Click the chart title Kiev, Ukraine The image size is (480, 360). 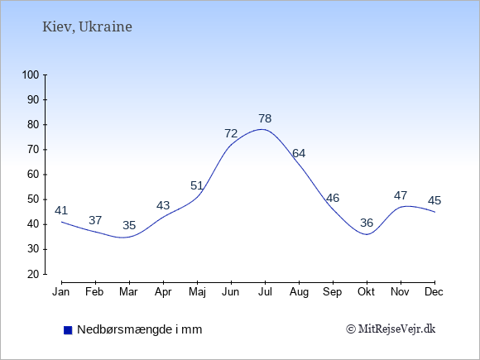pyautogui.click(x=87, y=27)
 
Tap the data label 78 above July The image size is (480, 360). pyautogui.click(x=265, y=118)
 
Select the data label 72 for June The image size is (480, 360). pyautogui.click(x=231, y=133)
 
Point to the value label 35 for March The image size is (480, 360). pyautogui.click(x=129, y=225)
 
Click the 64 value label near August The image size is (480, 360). pyautogui.click(x=299, y=153)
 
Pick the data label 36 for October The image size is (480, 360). pyautogui.click(x=367, y=223)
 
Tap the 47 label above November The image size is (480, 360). pyautogui.click(x=401, y=195)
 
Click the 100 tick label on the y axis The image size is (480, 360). pyautogui.click(x=31, y=74)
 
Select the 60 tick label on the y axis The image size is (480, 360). pyautogui.click(x=33, y=175)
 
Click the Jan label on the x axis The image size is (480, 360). pyautogui.click(x=61, y=292)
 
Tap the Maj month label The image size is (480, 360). pyautogui.click(x=197, y=292)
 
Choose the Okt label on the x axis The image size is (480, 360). pyautogui.click(x=366, y=292)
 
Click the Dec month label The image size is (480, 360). pyautogui.click(x=434, y=292)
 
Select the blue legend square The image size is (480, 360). pyautogui.click(x=68, y=330)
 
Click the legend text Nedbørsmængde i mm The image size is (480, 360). pyautogui.click(x=140, y=329)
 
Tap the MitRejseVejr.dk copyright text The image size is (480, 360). pyautogui.click(x=391, y=329)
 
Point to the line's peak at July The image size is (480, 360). pyautogui.click(x=262, y=129)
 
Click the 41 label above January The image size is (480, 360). pyautogui.click(x=61, y=210)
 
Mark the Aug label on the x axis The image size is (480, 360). pyautogui.click(x=299, y=292)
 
